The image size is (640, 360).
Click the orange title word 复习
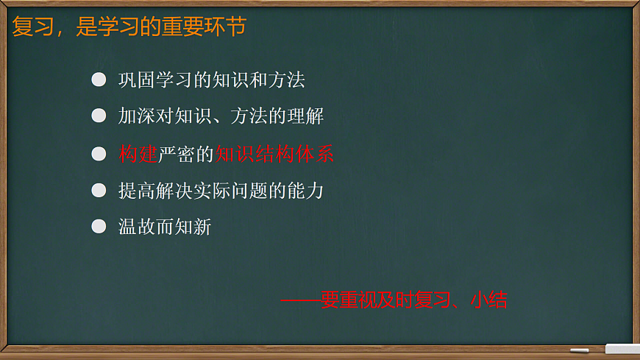(x=32, y=27)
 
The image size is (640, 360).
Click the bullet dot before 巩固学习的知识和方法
(x=99, y=80)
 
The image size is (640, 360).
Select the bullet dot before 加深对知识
(x=99, y=116)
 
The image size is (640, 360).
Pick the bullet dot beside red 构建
(x=99, y=154)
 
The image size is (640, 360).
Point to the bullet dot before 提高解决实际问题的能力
(x=99, y=191)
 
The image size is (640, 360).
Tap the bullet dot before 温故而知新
(x=99, y=227)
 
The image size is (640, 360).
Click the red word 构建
(x=138, y=154)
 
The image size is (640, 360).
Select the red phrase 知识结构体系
(x=274, y=154)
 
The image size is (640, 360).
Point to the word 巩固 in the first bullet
(x=137, y=80)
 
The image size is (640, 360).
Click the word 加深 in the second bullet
(x=137, y=116)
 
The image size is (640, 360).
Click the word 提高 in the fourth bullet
(x=137, y=191)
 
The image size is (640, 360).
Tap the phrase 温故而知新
(x=165, y=227)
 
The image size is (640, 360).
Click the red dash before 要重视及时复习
(x=300, y=300)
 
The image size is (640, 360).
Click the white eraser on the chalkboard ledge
(x=622, y=349)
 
